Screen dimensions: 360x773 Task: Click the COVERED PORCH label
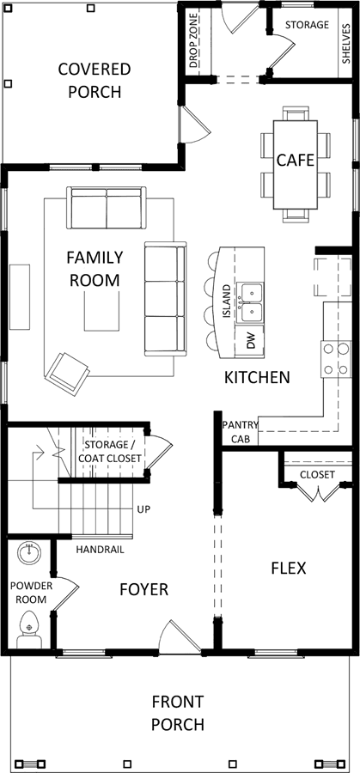95,81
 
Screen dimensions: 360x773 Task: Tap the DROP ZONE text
193,40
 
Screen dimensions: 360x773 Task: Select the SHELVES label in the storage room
345,44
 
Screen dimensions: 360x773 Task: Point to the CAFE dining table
296,164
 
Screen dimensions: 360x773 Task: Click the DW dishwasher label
251,341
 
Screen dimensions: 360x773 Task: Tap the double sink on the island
251,302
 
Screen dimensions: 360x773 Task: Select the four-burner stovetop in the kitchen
336,359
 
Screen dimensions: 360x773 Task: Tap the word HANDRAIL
101,550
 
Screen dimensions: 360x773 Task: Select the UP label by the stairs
144,508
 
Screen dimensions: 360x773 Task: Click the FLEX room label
289,568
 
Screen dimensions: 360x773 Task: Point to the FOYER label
144,589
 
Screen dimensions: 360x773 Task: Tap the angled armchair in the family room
66,374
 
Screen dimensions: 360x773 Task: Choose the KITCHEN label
257,378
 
